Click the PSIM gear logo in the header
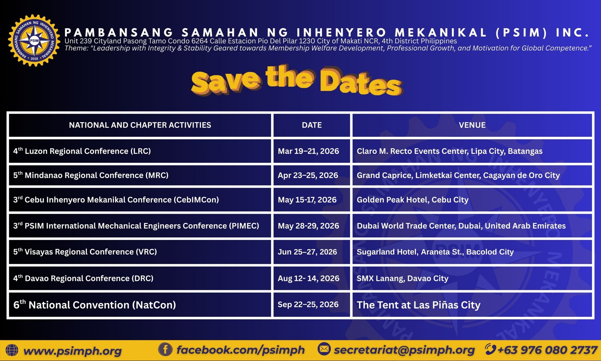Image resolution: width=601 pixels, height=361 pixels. tap(34, 41)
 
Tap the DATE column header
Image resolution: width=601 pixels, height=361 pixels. tap(312, 125)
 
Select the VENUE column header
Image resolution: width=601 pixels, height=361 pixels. tap(472, 125)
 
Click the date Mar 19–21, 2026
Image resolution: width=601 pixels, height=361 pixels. tap(308, 151)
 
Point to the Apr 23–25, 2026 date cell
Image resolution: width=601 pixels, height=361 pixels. tap(308, 175)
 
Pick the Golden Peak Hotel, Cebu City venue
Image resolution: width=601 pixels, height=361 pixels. tap(413, 200)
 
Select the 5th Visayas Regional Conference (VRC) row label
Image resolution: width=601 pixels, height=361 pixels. tap(85, 252)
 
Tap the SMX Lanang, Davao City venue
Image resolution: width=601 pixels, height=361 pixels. tap(402, 278)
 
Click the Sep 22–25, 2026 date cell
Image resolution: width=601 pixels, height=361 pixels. tap(308, 304)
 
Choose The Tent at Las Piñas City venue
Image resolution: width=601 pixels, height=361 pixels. tap(418, 305)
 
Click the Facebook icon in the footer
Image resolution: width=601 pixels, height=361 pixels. tap(165, 349)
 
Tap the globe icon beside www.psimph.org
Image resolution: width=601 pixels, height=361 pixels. tap(12, 350)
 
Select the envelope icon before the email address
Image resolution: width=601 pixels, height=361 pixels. tap(324, 349)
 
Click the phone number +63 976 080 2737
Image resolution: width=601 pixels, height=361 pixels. tap(548, 350)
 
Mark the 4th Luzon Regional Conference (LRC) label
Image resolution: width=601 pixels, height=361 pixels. tap(82, 151)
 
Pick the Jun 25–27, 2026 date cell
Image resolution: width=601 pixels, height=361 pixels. tap(308, 252)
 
